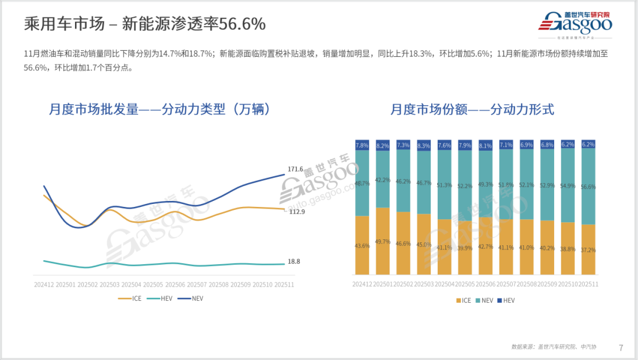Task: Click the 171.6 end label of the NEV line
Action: [295, 169]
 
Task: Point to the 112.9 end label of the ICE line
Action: [297, 212]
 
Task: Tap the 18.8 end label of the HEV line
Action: [294, 261]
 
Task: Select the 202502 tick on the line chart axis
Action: [87, 284]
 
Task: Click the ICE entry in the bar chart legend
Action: [465, 300]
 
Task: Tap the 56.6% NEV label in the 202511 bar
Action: [588, 187]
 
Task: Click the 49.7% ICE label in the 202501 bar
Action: [383, 241]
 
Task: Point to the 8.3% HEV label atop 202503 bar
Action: [424, 145]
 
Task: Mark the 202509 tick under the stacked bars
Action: [546, 284]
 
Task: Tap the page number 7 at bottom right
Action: [621, 347]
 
